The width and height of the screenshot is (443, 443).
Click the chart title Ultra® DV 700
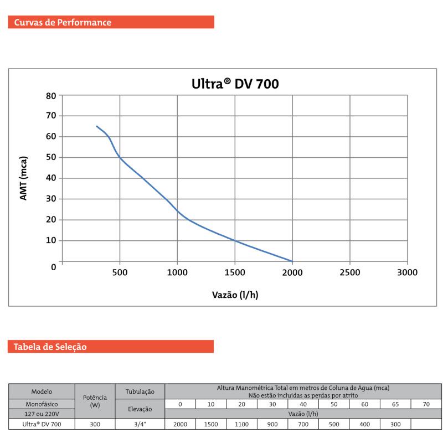coord(235,84)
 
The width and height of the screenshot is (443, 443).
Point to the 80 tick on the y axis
coord(51,95)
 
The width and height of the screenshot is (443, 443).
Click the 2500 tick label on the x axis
coord(349,272)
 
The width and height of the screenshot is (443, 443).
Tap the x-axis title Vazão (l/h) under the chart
coord(235,295)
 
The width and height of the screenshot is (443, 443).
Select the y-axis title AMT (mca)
coord(24,178)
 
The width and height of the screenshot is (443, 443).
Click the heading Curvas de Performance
coord(63,23)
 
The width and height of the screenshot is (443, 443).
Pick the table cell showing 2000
coord(180,424)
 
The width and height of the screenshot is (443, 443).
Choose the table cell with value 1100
coord(241,424)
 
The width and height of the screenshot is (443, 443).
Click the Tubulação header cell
coord(140,392)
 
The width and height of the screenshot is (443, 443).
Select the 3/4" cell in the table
coord(140,424)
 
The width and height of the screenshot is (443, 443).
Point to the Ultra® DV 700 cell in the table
coord(42,424)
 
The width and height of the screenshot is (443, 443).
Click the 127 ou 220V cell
coord(42,414)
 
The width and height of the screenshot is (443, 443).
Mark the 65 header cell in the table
coord(395,404)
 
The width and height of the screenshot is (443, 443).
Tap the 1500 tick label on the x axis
coord(235,272)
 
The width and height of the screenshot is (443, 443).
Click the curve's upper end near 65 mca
coord(97,126)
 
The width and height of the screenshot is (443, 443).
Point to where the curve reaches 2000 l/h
coord(292,261)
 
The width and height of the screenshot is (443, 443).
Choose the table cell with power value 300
coord(95,424)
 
